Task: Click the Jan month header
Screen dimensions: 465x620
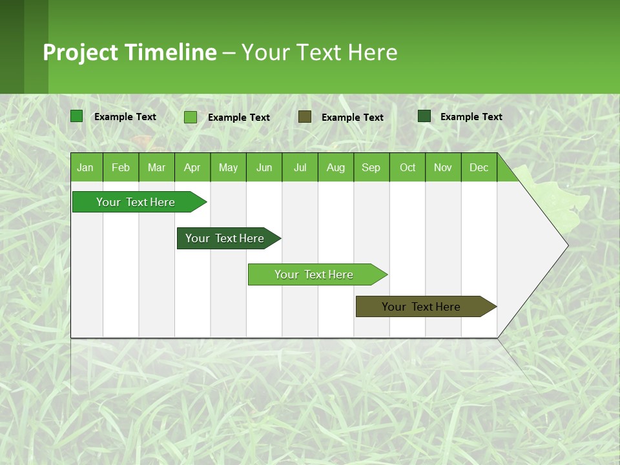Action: [85, 167]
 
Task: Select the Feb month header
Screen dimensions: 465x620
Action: [121, 167]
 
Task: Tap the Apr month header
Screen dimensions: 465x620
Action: [192, 167]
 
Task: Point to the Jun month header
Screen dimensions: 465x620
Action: [264, 167]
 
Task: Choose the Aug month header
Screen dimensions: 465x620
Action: [336, 167]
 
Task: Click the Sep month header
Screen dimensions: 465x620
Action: [371, 167]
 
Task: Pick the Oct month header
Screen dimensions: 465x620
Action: [408, 167]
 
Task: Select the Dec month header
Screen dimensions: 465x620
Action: [479, 167]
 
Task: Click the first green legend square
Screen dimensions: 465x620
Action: [77, 116]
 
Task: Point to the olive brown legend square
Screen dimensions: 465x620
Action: [305, 117]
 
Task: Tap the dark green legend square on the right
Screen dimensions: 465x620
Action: [424, 116]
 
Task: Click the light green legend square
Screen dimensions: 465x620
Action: [191, 117]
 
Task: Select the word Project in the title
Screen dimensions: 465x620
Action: [81, 52]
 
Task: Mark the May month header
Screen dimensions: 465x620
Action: [228, 167]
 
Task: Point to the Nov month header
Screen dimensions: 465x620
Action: [443, 167]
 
